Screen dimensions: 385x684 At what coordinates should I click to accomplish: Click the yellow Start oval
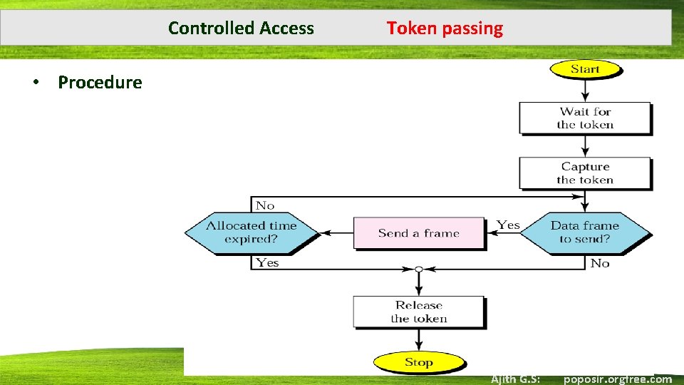click(x=585, y=69)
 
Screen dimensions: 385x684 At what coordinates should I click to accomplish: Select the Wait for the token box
click(x=585, y=118)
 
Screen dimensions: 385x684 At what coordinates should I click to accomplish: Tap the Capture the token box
click(x=585, y=173)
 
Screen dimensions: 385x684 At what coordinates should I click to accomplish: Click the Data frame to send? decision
click(x=584, y=232)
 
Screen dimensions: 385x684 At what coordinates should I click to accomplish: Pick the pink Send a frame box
click(x=419, y=233)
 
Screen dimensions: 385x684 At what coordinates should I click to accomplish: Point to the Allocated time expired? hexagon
click(x=251, y=232)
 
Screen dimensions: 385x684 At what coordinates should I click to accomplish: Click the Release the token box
click(x=419, y=312)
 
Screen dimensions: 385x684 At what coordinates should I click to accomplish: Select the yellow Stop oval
click(x=419, y=362)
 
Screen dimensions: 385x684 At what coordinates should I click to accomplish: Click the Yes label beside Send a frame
click(x=508, y=225)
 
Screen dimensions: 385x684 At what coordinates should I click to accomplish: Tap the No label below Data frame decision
click(x=600, y=263)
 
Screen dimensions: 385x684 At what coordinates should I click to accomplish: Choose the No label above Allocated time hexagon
click(x=265, y=205)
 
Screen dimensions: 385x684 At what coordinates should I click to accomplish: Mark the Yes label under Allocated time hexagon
click(x=267, y=262)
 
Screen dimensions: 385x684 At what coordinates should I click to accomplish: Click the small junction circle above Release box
click(x=419, y=269)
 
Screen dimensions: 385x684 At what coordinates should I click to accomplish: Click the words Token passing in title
click(x=445, y=29)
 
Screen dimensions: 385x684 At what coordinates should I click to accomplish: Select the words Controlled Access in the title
click(x=241, y=29)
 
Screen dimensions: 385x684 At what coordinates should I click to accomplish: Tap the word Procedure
click(x=100, y=83)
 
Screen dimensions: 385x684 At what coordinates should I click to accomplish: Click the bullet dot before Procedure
click(x=34, y=83)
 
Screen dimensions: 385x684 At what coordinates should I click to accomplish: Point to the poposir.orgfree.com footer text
click(x=617, y=379)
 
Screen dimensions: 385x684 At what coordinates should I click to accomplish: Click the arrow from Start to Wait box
click(x=585, y=90)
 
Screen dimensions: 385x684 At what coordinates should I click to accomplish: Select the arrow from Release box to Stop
click(x=419, y=340)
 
